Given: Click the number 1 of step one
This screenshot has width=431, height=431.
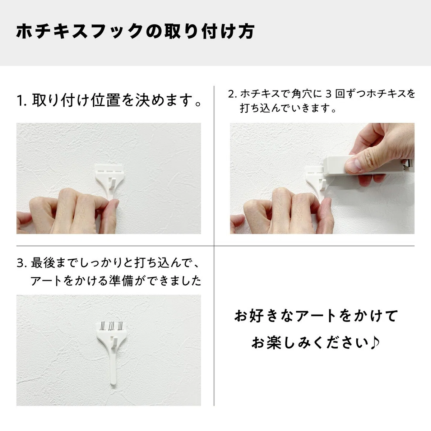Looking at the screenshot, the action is (x=20, y=101).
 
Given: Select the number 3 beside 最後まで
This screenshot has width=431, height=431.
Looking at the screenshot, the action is (x=20, y=263).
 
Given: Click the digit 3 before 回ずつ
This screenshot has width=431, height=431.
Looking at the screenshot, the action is (x=328, y=94).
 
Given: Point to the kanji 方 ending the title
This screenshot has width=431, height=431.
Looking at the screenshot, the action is (x=247, y=32).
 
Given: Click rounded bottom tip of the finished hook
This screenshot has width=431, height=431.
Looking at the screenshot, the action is (x=113, y=384).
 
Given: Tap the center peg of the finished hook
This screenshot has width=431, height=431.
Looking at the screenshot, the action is (x=114, y=342).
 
